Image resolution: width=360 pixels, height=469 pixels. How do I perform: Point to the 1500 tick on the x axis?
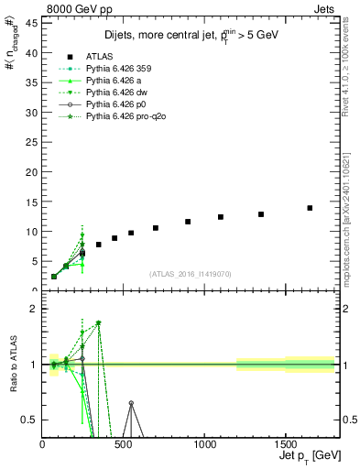point(286,443)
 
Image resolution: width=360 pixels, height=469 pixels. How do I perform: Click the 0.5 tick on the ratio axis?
point(32,420)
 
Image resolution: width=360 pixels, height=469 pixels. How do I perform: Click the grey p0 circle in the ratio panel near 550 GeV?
point(131,403)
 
